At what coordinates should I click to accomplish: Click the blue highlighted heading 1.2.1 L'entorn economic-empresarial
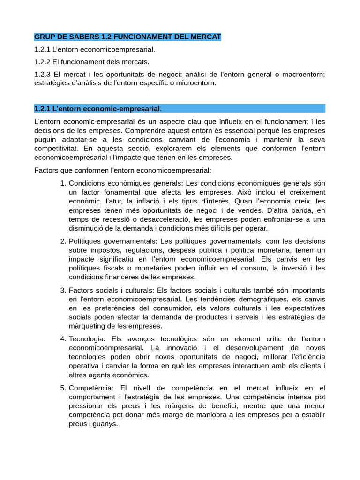(x=98, y=109)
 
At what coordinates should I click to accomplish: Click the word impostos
(x=103, y=250)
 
